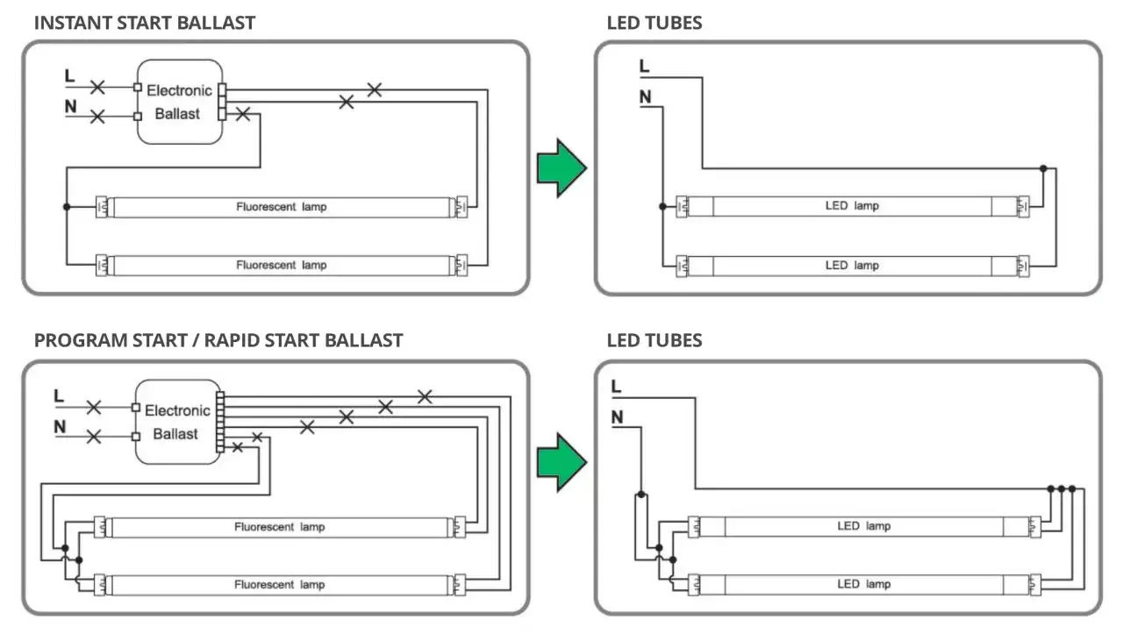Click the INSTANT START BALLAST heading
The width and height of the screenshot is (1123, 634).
pos(144,23)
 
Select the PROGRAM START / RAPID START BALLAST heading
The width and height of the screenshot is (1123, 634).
pos(218,340)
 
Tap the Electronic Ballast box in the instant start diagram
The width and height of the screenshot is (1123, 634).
pos(179,102)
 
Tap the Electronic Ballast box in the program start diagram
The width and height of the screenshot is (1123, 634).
pos(177,422)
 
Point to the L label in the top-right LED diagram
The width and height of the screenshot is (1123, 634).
pos(645,67)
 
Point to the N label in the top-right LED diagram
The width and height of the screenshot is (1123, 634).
pos(646,96)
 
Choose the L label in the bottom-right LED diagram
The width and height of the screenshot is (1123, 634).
pos(617,387)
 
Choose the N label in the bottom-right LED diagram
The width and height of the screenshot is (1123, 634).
pos(618,417)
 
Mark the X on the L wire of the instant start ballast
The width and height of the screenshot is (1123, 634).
pos(97,87)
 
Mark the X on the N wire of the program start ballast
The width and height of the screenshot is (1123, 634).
pos(94,435)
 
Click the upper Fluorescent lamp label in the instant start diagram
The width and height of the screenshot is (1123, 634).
pos(281,208)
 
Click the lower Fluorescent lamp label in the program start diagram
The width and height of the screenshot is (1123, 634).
pos(279,585)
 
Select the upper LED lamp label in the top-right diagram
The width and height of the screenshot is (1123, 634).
pos(852,206)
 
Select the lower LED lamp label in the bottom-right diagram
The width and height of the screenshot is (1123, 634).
pos(863,584)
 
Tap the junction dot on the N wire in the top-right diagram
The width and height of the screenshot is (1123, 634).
pos(663,207)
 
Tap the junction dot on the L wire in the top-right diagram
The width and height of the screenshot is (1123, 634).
pos(1043,167)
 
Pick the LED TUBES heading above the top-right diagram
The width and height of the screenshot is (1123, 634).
pos(654,23)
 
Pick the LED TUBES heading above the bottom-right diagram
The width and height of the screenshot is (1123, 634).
pos(654,340)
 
